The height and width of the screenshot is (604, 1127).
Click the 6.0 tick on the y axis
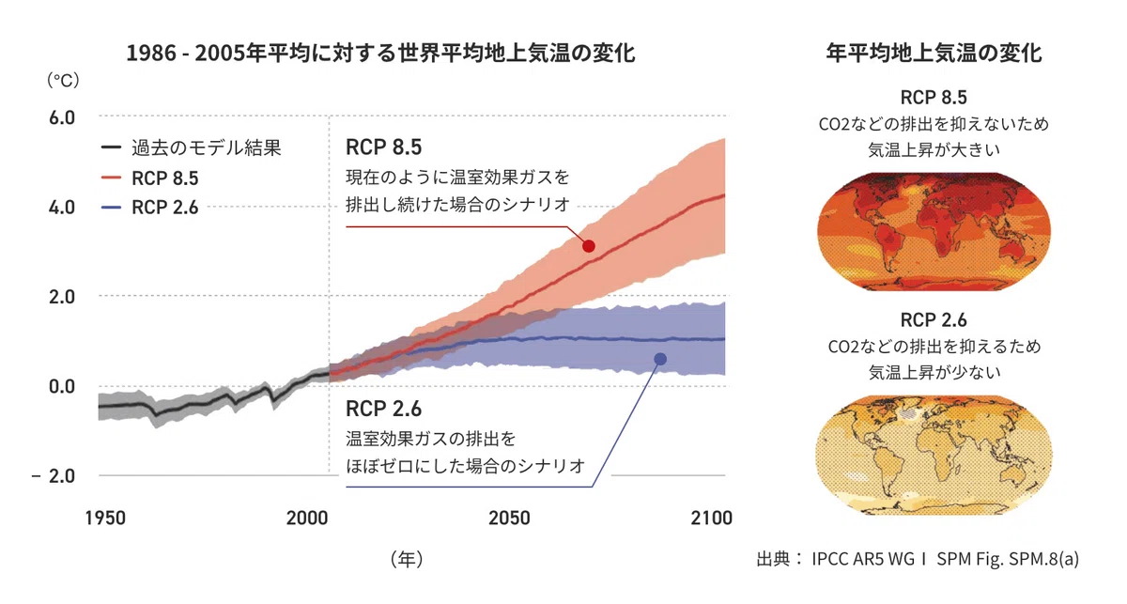click(62, 117)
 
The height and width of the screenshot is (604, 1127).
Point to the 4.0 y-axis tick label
click(62, 208)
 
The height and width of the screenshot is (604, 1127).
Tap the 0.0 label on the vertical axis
click(62, 387)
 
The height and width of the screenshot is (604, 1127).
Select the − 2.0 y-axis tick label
click(54, 475)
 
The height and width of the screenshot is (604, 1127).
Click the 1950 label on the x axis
click(105, 518)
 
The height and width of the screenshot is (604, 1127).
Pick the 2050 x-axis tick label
click(509, 518)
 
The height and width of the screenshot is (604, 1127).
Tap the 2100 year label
click(712, 518)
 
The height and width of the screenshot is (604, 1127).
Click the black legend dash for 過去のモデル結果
click(111, 147)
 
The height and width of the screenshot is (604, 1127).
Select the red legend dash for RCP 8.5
click(111, 178)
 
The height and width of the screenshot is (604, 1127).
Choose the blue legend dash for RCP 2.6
click(111, 208)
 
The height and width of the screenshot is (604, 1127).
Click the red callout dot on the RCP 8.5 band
click(589, 246)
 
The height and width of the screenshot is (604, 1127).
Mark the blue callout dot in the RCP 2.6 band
click(660, 359)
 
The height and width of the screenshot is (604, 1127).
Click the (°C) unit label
click(63, 80)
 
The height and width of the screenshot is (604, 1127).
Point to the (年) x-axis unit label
click(407, 559)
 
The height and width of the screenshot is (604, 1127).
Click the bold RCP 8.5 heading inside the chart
click(383, 147)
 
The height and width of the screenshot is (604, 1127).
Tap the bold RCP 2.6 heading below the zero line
click(383, 409)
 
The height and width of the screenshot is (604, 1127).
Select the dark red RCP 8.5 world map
click(934, 231)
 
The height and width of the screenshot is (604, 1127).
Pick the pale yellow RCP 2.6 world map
click(934, 455)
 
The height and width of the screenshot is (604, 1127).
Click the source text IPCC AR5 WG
click(863, 559)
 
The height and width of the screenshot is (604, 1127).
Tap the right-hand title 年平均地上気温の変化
click(934, 53)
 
